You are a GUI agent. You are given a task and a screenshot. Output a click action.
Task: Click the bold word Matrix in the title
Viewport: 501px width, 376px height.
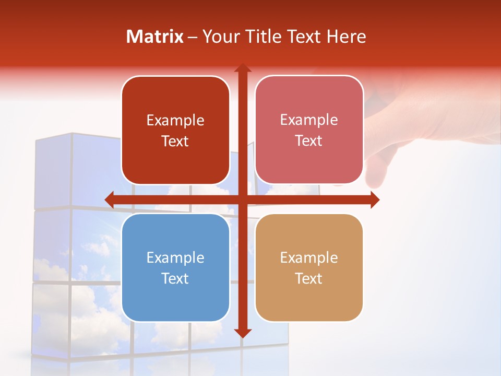[155, 37]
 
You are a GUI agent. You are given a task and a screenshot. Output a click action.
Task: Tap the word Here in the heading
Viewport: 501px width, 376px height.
[347, 37]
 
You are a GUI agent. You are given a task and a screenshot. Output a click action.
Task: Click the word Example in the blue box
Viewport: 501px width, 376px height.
[175, 258]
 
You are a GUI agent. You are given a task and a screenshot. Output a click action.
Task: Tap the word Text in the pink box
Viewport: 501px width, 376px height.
[309, 141]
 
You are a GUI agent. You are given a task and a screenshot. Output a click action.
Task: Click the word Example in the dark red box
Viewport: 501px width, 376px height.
[175, 121]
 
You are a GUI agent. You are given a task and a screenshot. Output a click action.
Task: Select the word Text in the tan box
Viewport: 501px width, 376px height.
[309, 279]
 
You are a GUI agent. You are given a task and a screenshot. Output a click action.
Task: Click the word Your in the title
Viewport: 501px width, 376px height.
[218, 37]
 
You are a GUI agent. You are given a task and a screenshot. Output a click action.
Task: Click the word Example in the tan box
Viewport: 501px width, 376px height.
[309, 258]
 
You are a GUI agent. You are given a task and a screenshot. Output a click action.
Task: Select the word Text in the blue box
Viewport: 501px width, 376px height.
[175, 279]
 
